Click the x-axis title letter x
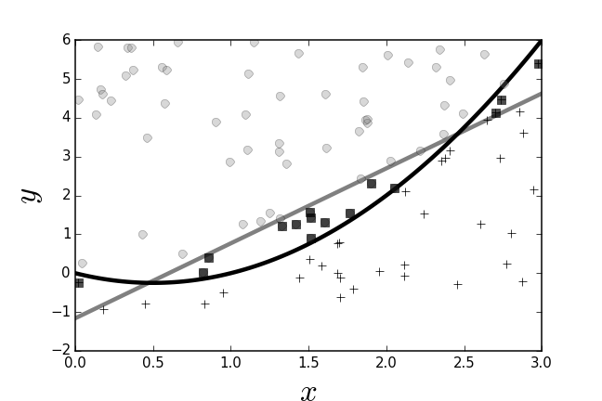coord(308,393)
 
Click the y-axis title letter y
coord(31,194)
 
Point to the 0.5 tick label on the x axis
coord(153,362)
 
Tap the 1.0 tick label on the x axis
coord(231,362)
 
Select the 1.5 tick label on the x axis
coord(308,362)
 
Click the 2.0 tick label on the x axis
coord(386,362)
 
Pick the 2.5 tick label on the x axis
coord(464,362)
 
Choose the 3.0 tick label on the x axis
coord(542,362)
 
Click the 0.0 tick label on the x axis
coord(76,362)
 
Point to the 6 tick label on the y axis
coord(66,40)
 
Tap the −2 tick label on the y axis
coord(61,351)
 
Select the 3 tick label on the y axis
coord(66,157)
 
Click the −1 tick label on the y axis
coord(61,312)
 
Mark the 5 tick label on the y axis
coord(66,79)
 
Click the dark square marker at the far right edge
coord(539,64)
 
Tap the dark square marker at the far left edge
coord(79,282)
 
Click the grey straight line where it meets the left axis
coord(77,317)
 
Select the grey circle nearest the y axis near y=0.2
coord(82,264)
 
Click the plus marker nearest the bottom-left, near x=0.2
coord(103,309)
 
